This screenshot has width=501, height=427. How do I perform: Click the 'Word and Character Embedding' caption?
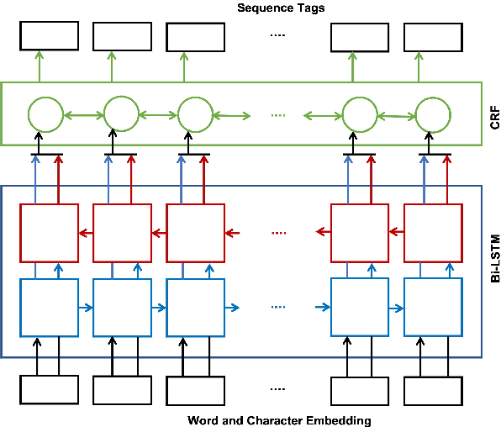point(278,419)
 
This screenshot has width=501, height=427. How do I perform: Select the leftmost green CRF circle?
point(45,115)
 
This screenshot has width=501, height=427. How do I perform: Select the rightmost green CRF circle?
point(433,115)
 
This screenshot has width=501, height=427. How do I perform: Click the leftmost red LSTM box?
point(49,232)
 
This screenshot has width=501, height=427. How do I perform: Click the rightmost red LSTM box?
point(433,232)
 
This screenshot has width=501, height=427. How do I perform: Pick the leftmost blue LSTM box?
point(49,307)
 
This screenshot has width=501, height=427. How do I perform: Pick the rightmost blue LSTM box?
point(433,307)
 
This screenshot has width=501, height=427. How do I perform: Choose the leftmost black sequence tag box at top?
point(49,36)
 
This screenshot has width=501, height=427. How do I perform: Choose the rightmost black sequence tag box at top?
point(433,36)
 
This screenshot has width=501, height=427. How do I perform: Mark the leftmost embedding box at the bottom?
point(49,389)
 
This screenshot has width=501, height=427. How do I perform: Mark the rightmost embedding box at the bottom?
point(433,389)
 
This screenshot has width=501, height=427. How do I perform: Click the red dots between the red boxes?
point(279,233)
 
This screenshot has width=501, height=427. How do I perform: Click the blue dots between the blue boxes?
point(279,308)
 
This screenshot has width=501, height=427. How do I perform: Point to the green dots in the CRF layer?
point(279,115)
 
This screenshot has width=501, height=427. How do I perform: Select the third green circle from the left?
point(195,115)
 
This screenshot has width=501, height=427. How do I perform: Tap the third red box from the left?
point(195,232)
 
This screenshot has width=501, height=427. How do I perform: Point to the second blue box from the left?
point(122,307)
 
